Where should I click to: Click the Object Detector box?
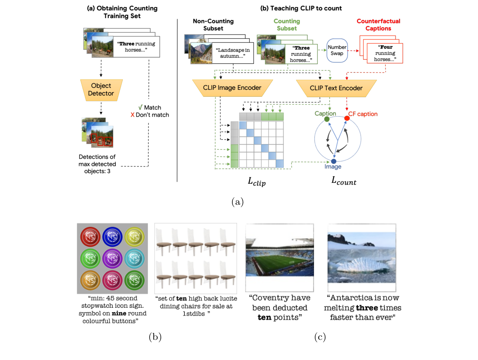[x=101, y=90]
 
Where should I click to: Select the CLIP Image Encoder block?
[x=232, y=88]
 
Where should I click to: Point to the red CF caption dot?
[x=347, y=119]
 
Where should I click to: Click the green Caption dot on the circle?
[x=326, y=119]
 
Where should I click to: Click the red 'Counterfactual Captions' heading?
[x=378, y=25]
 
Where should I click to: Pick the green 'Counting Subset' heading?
[x=287, y=25]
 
